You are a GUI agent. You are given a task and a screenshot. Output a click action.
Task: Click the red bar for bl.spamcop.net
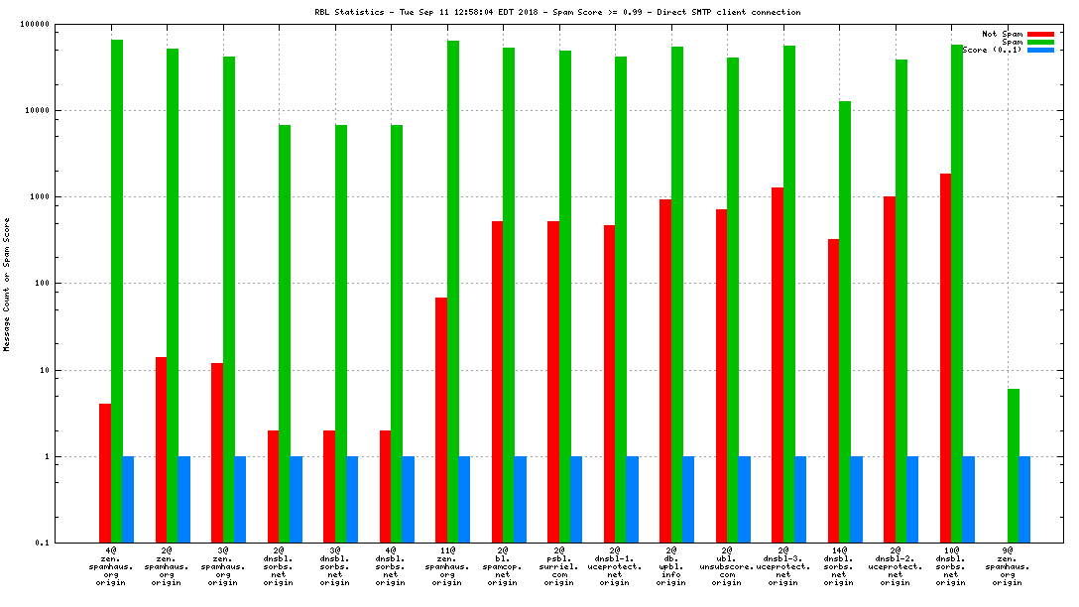tap(497, 382)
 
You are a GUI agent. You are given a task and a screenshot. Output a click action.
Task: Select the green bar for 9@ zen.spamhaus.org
tap(1013, 465)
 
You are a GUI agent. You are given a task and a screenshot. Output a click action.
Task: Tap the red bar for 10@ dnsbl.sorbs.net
tap(945, 358)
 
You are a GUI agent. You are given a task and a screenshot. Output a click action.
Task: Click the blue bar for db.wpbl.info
tap(688, 499)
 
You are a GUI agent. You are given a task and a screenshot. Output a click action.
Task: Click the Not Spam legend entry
tap(1002, 34)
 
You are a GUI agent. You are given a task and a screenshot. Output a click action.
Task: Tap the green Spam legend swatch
tap(1040, 42)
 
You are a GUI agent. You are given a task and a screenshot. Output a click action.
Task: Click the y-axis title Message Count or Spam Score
tap(7, 286)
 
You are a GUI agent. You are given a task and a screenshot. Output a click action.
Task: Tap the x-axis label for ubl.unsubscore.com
tap(727, 566)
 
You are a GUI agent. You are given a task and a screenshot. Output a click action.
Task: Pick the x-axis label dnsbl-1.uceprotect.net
tap(615, 566)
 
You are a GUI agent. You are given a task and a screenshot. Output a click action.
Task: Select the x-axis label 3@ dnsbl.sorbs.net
tap(334, 566)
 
